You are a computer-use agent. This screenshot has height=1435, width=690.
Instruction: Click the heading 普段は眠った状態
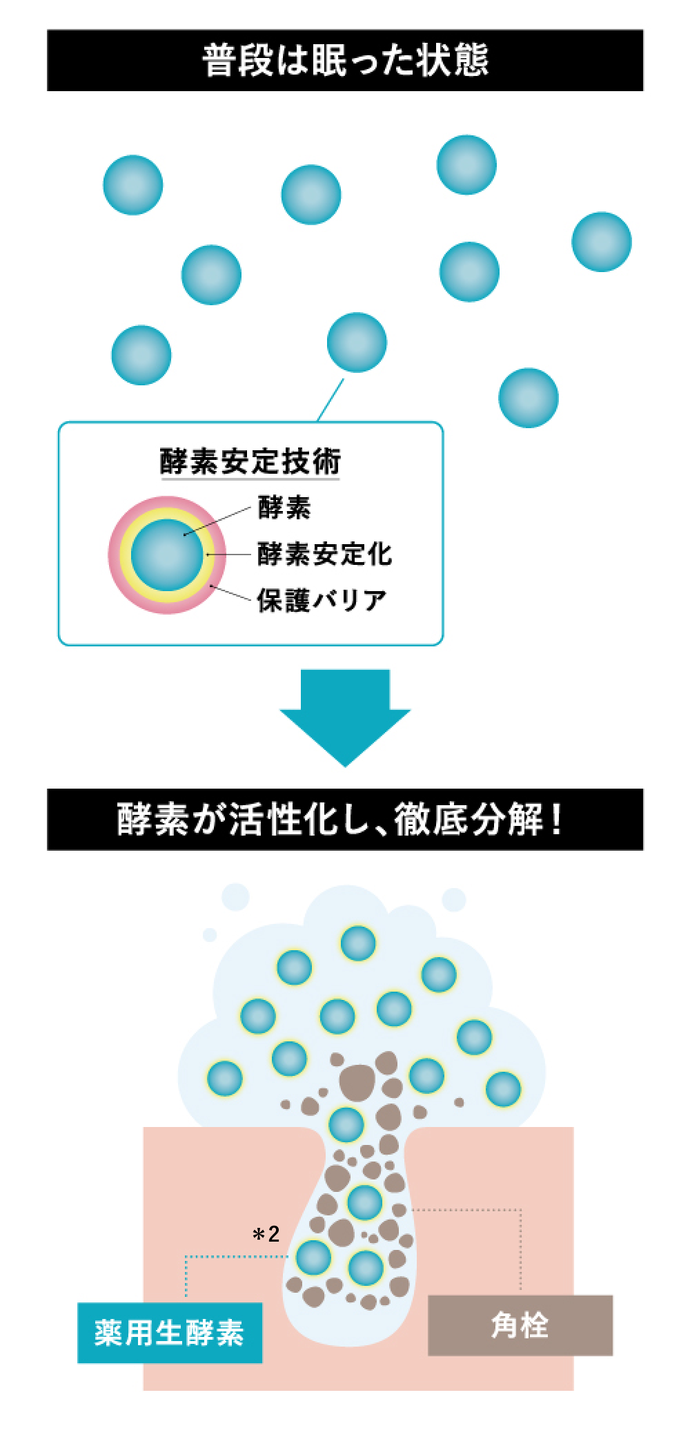(x=345, y=61)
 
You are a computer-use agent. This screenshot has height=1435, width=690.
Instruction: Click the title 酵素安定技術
(x=250, y=461)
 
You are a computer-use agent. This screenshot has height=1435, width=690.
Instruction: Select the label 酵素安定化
(x=324, y=554)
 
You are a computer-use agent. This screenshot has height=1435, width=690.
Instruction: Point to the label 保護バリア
(x=322, y=599)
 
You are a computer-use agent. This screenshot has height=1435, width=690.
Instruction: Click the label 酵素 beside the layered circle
(x=284, y=508)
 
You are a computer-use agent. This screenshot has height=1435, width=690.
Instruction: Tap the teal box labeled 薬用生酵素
(x=170, y=1332)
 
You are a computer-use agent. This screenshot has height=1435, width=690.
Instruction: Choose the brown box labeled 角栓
(x=520, y=1325)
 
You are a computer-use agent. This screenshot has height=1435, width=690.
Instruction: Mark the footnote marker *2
(x=266, y=1234)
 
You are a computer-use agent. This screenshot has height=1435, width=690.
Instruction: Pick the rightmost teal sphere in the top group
(x=602, y=242)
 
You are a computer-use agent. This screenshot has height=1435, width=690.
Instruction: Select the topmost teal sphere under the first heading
(x=466, y=165)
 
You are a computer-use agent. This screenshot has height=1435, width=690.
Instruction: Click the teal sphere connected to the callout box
(x=357, y=343)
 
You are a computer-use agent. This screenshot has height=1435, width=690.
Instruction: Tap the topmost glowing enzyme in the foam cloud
(x=358, y=943)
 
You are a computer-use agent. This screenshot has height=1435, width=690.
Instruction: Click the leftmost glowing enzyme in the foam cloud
(x=225, y=1077)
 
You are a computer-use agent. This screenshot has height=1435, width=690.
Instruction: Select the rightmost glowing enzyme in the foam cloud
(x=504, y=1089)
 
